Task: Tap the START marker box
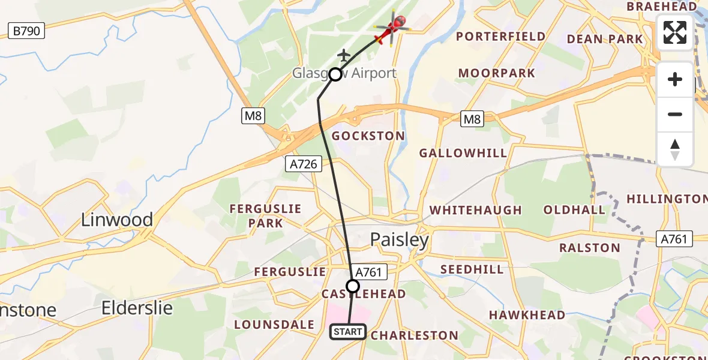point(348,331)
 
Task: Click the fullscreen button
point(675,32)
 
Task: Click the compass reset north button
point(675,149)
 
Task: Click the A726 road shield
point(304,163)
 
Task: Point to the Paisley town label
point(399,241)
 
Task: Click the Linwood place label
point(117,220)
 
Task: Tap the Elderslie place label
point(137,308)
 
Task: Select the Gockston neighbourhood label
point(368,136)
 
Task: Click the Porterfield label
point(501,37)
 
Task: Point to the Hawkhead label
point(527,315)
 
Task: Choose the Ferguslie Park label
point(265,216)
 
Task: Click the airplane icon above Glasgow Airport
point(344,55)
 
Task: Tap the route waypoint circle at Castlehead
point(353,286)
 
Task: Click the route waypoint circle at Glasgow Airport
point(335,74)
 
